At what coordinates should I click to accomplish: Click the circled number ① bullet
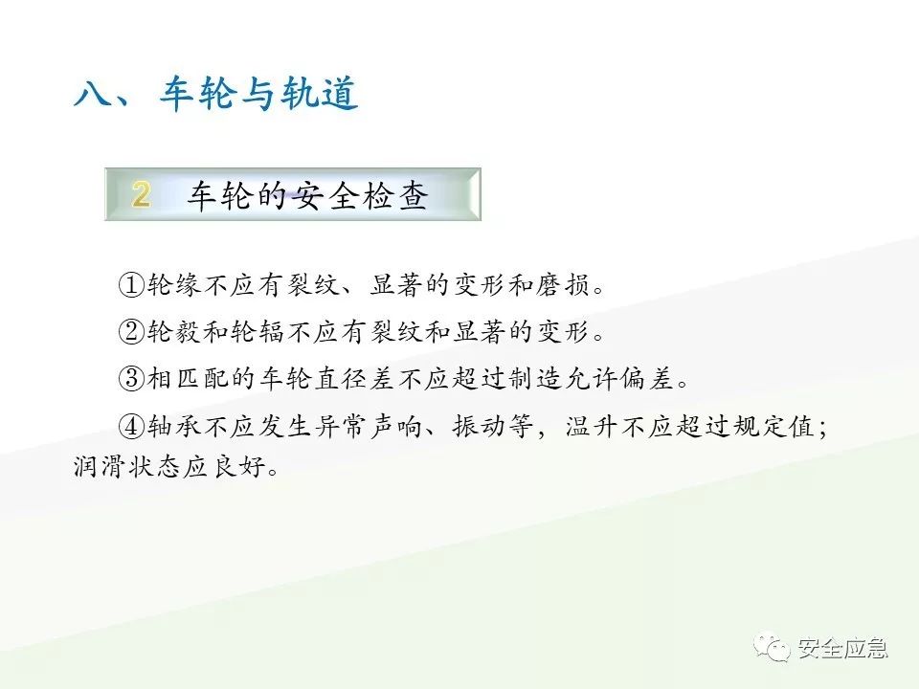coord(131,284)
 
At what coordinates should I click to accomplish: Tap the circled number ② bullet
coord(131,331)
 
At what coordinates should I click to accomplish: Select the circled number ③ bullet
coord(131,378)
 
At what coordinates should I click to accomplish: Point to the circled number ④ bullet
coord(131,425)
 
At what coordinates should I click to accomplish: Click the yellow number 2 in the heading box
coord(141,195)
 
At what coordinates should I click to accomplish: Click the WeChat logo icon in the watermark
coord(772,648)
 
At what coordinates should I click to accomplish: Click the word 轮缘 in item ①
coord(173,284)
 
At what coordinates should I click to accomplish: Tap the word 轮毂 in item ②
coord(173,331)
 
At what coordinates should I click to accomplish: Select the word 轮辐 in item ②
coord(257,331)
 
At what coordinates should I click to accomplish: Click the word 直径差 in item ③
coord(354,378)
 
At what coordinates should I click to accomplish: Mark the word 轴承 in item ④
coord(173,425)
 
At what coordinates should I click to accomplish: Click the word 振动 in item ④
coord(479,425)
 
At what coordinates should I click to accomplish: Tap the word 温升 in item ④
coord(591,425)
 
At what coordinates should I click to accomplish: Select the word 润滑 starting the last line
coord(100,469)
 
